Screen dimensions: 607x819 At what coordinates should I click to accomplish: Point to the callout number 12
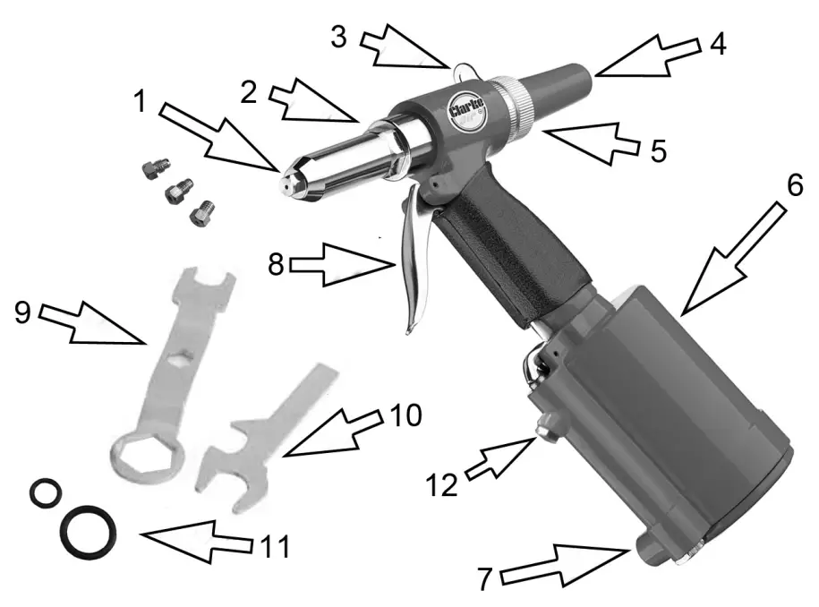442,485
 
